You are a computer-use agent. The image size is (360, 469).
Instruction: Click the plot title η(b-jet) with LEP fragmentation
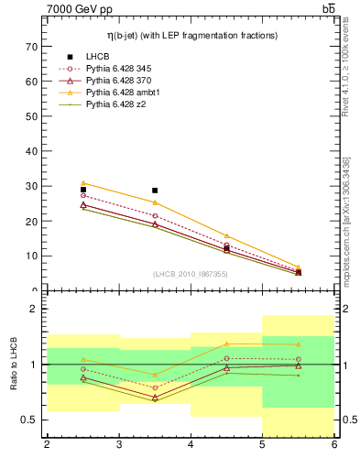(190, 35)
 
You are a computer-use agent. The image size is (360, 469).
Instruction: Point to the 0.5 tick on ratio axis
(28, 420)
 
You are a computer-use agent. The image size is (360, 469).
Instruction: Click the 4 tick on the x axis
(191, 445)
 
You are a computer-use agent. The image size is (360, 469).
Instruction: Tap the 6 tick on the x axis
(333, 445)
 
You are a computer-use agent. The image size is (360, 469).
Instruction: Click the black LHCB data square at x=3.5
(155, 191)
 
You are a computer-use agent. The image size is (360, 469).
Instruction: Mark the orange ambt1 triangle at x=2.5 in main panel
(83, 183)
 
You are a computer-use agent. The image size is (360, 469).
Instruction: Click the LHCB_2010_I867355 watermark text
(190, 274)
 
